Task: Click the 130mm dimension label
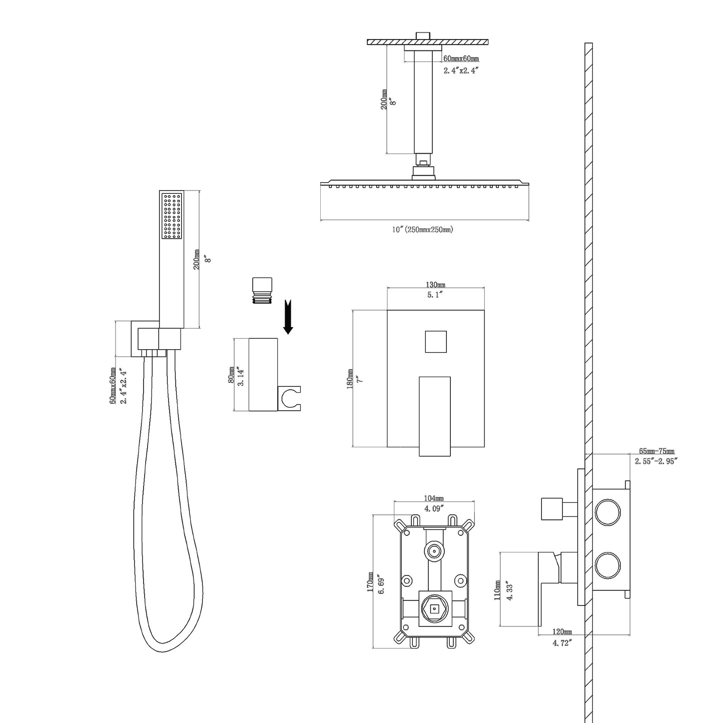click(x=435, y=284)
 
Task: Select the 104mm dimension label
click(x=433, y=498)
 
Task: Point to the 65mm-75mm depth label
click(x=656, y=451)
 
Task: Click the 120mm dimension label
click(x=562, y=632)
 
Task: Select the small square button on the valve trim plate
click(x=435, y=342)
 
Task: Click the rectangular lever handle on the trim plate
click(x=434, y=415)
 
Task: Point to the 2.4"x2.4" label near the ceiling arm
click(x=461, y=71)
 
